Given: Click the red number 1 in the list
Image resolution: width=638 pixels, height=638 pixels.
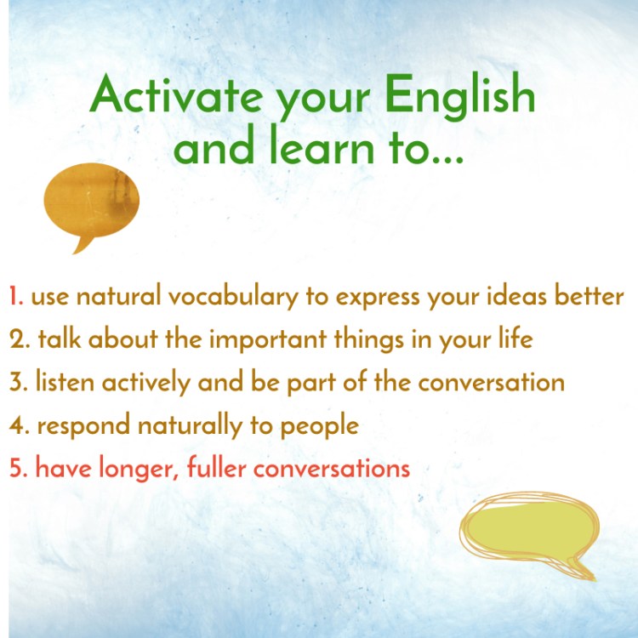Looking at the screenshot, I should click(x=14, y=297).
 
